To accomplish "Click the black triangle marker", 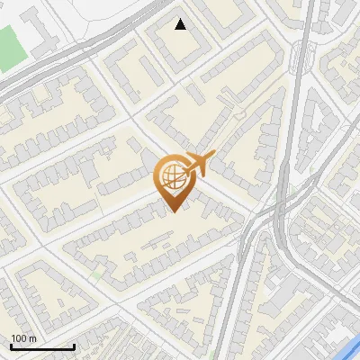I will click(x=181, y=24).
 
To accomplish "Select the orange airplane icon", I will click(x=198, y=164).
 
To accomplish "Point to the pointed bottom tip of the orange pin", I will click(x=173, y=211).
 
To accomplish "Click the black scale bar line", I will click(x=41, y=347).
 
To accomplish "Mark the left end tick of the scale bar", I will click(x=10, y=346).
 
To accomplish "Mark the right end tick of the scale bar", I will click(x=74, y=346).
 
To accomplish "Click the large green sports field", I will click(x=9, y=48).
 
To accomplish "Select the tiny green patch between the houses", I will click(x=95, y=274).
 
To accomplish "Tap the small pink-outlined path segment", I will click(x=240, y=112).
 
